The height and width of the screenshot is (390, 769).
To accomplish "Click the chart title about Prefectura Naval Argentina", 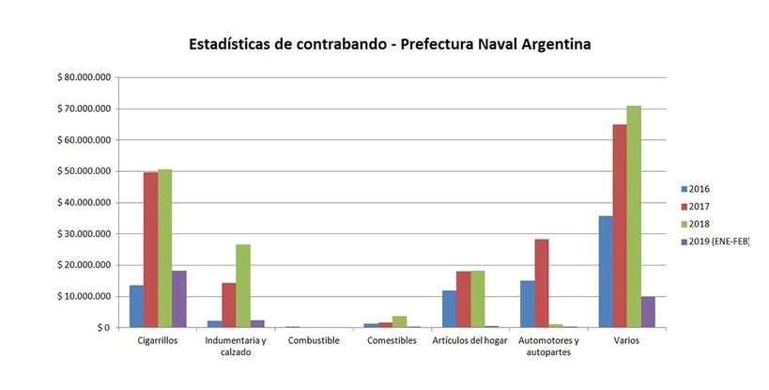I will tap(390, 44).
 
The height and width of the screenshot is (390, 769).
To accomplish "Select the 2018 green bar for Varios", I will tap(634, 216).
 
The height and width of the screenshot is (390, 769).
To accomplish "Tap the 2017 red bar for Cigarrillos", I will tap(150, 250).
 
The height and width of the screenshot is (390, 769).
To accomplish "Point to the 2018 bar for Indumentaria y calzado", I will tap(243, 286).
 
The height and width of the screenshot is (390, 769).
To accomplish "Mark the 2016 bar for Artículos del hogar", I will tap(450, 309).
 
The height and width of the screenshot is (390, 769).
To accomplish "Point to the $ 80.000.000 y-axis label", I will tap(84, 77).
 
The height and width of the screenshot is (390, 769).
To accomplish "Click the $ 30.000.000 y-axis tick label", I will tap(84, 234).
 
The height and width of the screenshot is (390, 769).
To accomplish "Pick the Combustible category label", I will tap(314, 340).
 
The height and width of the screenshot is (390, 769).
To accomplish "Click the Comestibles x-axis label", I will tap(391, 340).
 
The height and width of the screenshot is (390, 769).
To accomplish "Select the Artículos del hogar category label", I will tap(469, 340).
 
